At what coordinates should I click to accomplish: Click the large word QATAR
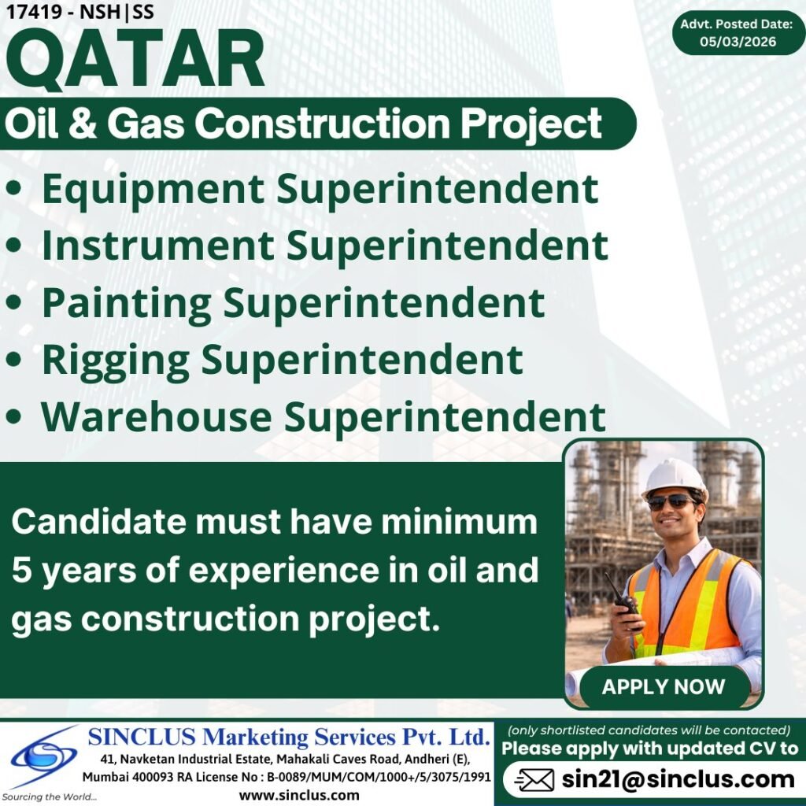tap(135, 62)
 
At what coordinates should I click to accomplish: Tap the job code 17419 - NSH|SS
tap(79, 13)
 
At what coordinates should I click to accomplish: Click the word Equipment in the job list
tap(153, 190)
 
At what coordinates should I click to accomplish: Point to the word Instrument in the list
tap(157, 246)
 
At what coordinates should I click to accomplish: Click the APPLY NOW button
tap(664, 686)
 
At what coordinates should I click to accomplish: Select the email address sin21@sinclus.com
tap(678, 779)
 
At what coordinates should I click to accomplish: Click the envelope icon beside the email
tap(534, 780)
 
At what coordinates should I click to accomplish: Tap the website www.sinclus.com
tap(299, 794)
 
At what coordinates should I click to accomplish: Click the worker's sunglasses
tap(671, 502)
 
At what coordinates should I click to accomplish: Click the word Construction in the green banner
tap(328, 124)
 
